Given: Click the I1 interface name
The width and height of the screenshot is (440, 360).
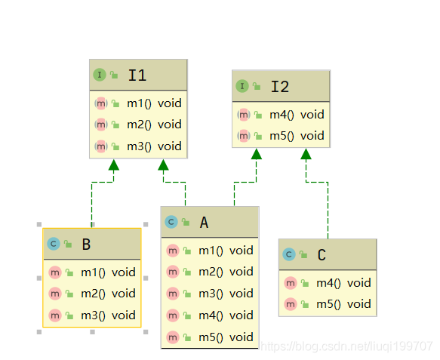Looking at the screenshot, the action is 137,75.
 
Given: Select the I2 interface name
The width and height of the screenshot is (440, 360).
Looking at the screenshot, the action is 280,87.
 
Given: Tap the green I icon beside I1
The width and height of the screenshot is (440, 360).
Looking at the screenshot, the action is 100,75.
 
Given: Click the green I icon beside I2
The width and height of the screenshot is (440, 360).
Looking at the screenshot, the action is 242,86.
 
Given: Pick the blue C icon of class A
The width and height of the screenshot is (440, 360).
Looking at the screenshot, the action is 171,222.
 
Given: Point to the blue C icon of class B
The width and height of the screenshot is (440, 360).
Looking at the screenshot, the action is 54,244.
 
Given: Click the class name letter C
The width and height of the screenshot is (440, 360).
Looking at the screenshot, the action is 322,255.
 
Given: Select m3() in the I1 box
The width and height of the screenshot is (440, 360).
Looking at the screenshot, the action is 139,146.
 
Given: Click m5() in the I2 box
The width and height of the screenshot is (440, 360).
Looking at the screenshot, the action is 282,136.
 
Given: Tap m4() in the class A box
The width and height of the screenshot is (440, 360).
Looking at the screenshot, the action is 211,315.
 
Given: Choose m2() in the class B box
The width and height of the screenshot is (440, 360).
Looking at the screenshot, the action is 93,294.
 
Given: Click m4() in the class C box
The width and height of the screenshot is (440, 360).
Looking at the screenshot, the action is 328,283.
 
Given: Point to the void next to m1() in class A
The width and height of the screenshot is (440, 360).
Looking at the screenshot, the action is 242,251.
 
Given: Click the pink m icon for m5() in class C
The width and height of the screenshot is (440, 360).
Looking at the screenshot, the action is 290,304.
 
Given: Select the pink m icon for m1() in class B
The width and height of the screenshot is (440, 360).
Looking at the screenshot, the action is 55,272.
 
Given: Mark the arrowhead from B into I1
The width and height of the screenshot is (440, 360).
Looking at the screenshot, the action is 114,165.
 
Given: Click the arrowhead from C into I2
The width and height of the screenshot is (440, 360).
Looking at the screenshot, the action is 306,154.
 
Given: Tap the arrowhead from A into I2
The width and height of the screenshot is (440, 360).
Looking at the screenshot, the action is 256,154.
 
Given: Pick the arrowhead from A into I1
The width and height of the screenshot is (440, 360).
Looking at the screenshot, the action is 163,165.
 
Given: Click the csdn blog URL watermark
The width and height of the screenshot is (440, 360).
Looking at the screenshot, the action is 346,346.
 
